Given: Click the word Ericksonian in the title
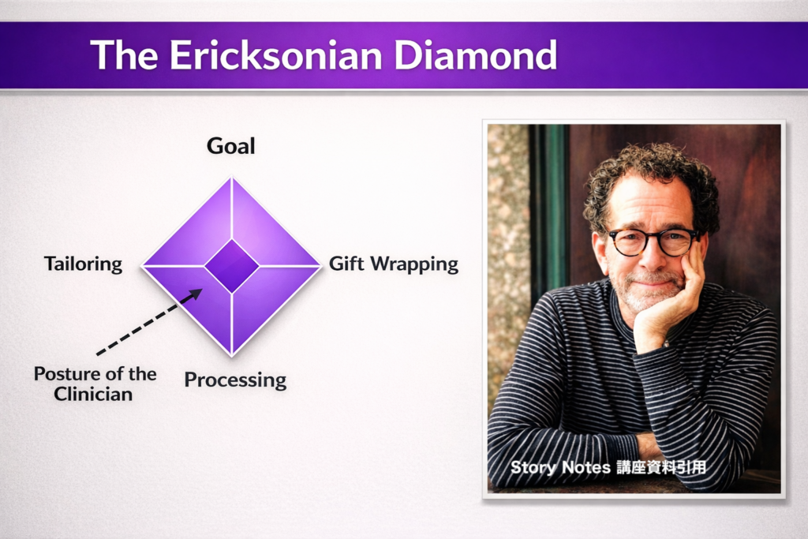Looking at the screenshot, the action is pyautogui.click(x=275, y=54).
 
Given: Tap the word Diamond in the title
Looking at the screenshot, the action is pyautogui.click(x=475, y=54).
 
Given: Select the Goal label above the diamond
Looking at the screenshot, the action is pyautogui.click(x=231, y=146).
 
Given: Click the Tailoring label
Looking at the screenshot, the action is pyautogui.click(x=84, y=264).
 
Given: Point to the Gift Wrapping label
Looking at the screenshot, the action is pyautogui.click(x=394, y=264).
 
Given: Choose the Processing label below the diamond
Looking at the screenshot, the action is pyautogui.click(x=235, y=380).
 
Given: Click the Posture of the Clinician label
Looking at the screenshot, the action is pyautogui.click(x=95, y=384).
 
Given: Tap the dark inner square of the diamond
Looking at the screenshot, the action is pyautogui.click(x=232, y=266).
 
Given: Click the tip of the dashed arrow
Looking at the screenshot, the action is pyautogui.click(x=202, y=289).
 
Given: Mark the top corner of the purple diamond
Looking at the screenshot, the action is pyautogui.click(x=232, y=177).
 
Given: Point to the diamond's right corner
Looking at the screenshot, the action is pyautogui.click(x=321, y=266).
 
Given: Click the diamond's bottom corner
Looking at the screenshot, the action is pyautogui.click(x=232, y=356).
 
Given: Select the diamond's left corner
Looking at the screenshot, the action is pyautogui.click(x=142, y=266).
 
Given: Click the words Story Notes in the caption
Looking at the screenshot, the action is pyautogui.click(x=560, y=467).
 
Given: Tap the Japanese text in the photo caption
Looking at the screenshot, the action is pyautogui.click(x=662, y=467).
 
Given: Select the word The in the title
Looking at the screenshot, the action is pyautogui.click(x=124, y=54).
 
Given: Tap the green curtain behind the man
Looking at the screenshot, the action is pyautogui.click(x=548, y=206).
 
